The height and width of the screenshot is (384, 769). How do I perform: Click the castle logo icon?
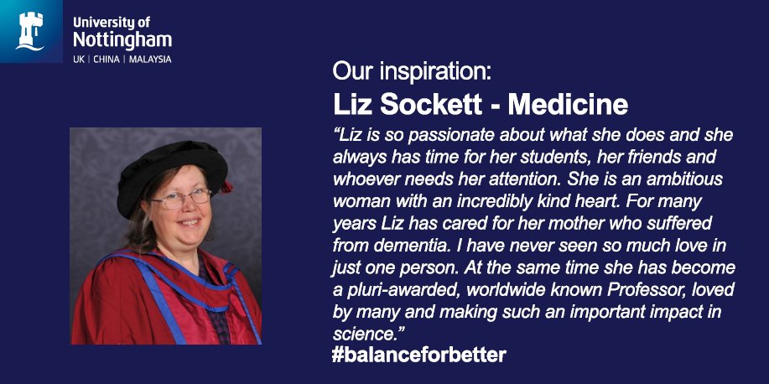click(x=31, y=31)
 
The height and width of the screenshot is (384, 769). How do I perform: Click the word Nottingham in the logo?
click(x=122, y=39)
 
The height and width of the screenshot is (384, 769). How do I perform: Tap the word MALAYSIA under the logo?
click(x=150, y=60)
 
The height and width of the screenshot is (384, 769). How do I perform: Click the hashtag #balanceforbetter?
click(x=418, y=355)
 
